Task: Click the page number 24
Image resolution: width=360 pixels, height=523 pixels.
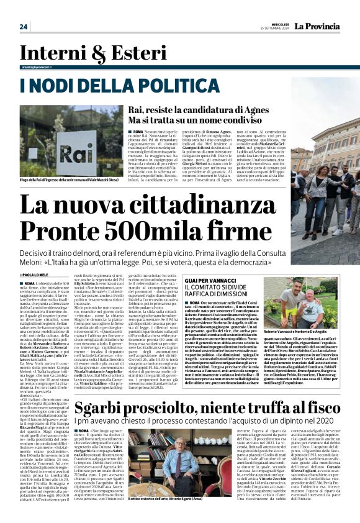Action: pyautogui.click(x=24, y=26)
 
